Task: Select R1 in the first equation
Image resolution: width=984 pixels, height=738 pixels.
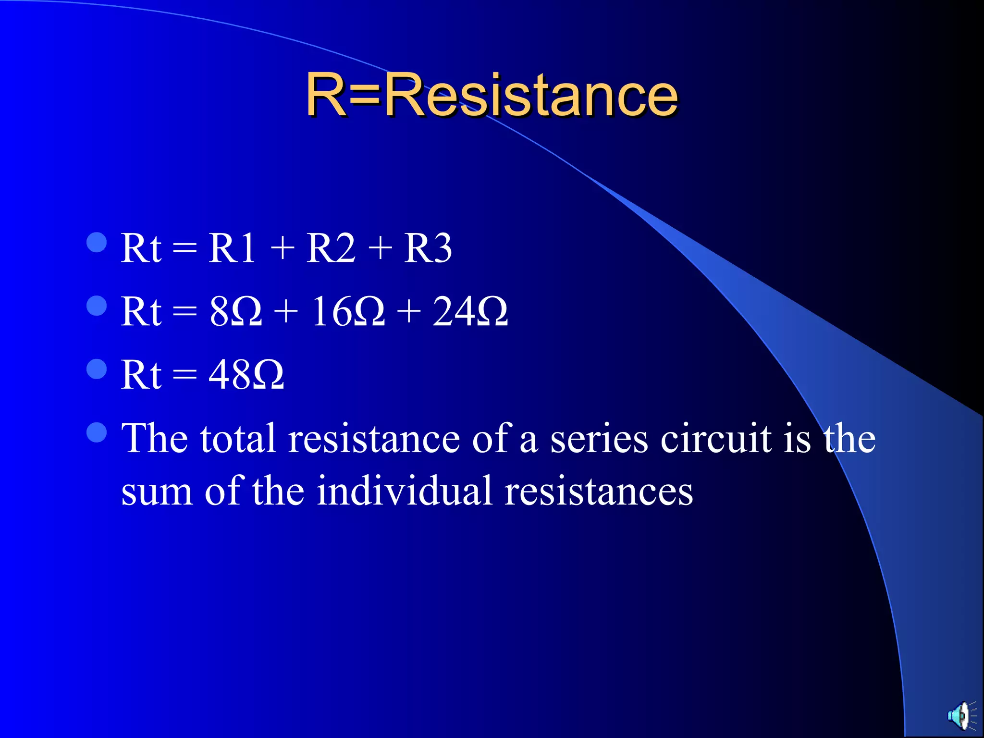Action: point(232,248)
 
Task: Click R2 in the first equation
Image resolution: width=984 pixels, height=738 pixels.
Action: point(331,248)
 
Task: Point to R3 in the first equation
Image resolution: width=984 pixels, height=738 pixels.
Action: point(428,248)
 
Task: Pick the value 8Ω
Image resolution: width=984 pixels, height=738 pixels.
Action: point(235,312)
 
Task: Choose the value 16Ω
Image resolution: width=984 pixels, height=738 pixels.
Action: point(348,312)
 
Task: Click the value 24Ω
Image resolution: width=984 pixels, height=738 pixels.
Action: point(470,312)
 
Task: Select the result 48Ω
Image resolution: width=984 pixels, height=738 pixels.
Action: point(246,375)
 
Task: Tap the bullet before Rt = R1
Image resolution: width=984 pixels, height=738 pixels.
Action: point(97,243)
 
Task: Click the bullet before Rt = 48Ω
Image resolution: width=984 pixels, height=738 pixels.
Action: point(97,369)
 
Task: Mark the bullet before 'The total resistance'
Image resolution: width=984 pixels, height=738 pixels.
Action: point(97,432)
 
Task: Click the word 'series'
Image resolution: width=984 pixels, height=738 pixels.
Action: point(599,439)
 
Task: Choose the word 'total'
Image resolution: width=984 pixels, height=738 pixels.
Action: point(238,438)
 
